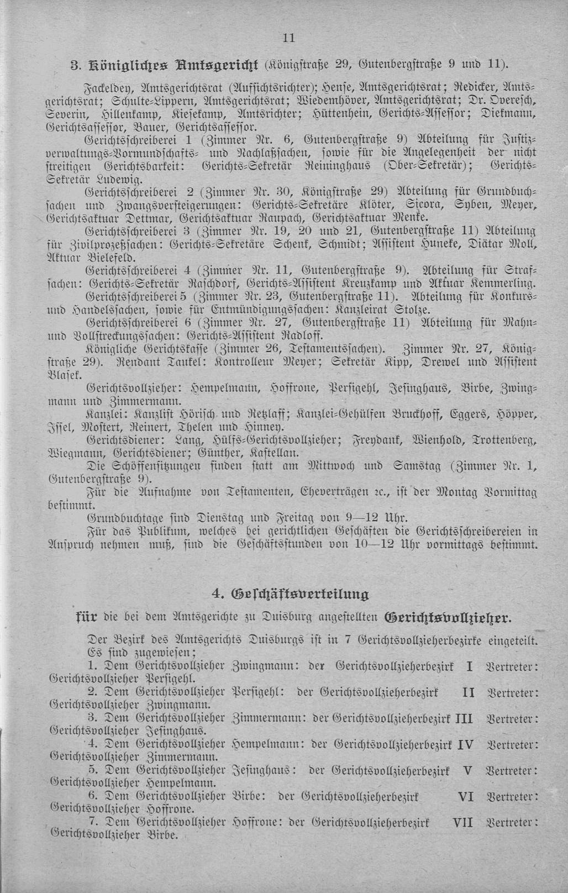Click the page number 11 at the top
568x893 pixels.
288,38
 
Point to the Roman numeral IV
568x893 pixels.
466,744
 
